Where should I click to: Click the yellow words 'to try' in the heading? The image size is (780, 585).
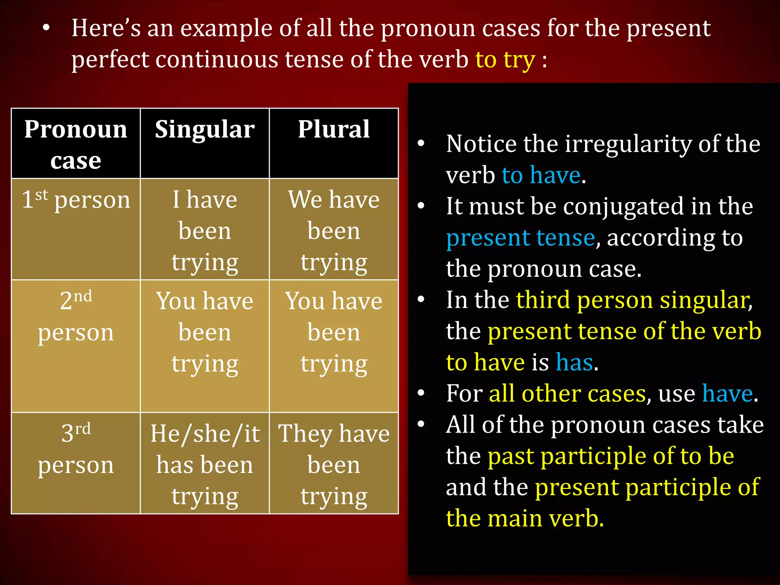click(505, 60)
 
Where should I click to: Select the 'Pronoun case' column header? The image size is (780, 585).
click(76, 144)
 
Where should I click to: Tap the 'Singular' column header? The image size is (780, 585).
click(205, 129)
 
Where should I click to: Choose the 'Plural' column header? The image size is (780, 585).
click(334, 129)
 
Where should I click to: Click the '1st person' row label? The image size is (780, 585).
click(76, 200)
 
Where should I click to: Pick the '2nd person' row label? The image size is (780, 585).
click(76, 316)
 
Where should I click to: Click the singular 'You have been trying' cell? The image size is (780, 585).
click(205, 332)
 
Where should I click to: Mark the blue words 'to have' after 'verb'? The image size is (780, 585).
click(541, 176)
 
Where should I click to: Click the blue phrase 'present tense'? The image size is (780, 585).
click(520, 238)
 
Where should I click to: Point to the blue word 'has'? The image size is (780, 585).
click(574, 362)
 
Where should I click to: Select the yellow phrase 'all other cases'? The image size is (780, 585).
click(567, 393)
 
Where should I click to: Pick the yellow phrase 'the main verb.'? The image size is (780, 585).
click(525, 518)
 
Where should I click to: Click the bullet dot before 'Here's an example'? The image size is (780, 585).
click(46, 29)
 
